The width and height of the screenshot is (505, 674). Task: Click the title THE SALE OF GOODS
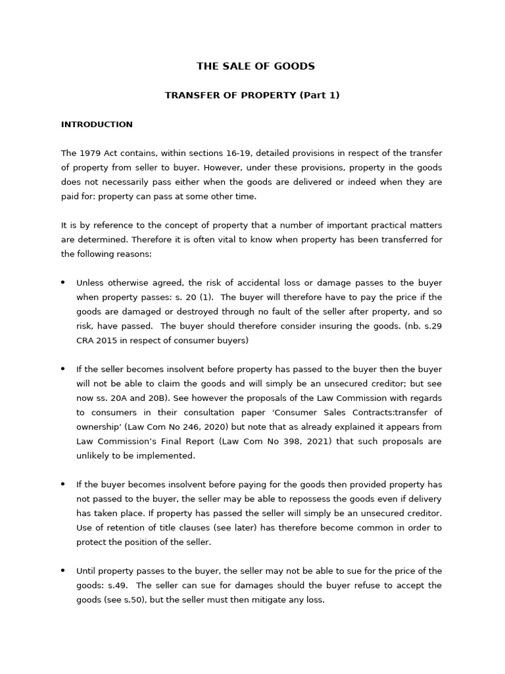click(x=256, y=66)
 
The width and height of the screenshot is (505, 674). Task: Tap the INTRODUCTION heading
click(x=97, y=124)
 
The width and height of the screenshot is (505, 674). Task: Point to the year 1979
click(x=89, y=153)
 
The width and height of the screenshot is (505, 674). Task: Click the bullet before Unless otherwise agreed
click(x=63, y=282)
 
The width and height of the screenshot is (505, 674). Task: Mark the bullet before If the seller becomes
click(x=63, y=369)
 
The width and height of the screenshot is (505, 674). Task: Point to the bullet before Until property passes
click(x=63, y=571)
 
